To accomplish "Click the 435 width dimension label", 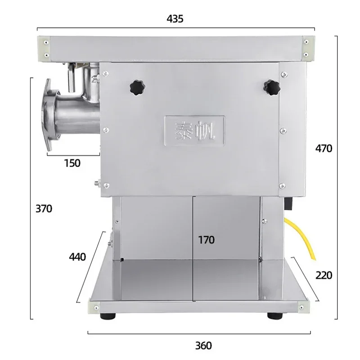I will tap(175, 18).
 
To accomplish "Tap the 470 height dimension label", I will tap(323, 148).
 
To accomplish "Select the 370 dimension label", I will tap(44, 208).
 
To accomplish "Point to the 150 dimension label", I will tap(72, 163).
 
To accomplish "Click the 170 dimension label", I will tap(206, 239).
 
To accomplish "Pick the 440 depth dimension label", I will tap(77, 257).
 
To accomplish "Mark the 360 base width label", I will tap(203, 346).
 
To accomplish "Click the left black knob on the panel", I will tap(136, 86).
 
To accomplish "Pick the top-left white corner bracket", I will tap(45, 47).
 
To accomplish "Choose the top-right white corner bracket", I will tap(307, 47).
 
